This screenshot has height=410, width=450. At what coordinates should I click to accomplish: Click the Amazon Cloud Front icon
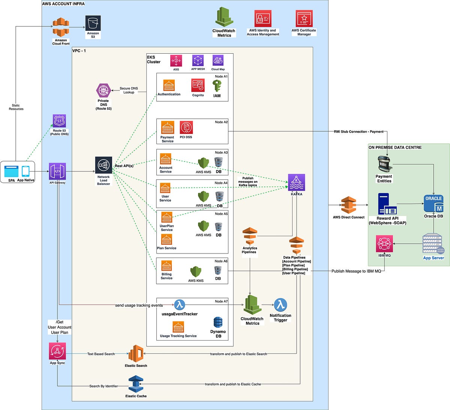[61, 27]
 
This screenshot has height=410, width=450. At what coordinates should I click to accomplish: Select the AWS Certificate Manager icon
[304, 18]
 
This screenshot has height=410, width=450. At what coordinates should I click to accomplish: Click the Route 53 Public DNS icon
[59, 121]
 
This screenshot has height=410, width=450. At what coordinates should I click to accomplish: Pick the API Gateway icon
[57, 171]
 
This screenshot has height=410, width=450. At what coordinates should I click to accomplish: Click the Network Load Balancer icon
[103, 165]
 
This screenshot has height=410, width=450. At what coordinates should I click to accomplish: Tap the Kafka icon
[296, 182]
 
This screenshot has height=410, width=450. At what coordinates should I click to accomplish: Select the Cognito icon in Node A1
[198, 86]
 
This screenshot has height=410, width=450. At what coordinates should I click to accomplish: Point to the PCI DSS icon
[186, 128]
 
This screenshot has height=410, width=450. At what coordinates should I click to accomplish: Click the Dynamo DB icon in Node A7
[218, 323]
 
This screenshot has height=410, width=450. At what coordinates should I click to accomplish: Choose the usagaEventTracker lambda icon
[180, 304]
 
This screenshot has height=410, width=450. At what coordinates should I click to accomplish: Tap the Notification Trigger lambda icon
[280, 305]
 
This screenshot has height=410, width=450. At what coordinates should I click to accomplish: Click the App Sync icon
[57, 351]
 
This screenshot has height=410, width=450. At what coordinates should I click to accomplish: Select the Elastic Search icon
[136, 354]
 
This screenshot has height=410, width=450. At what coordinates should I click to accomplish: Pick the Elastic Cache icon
[136, 384]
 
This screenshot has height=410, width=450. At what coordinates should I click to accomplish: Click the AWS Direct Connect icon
[348, 205]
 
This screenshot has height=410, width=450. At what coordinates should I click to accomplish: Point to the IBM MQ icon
[384, 244]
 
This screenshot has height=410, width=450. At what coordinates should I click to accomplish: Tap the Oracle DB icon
[433, 204]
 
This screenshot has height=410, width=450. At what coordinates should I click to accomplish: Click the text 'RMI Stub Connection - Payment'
[358, 132]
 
